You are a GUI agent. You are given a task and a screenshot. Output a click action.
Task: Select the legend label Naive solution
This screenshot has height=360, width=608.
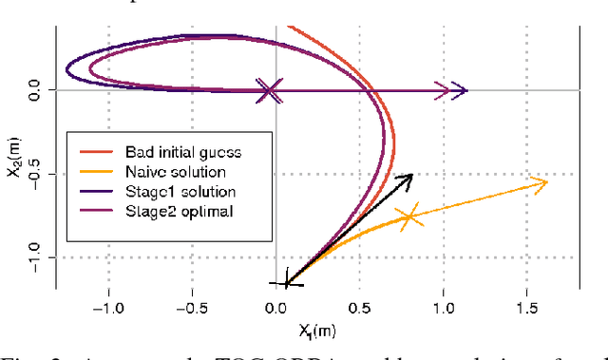click(x=175, y=172)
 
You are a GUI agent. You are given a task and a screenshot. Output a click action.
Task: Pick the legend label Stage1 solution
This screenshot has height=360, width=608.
click(x=180, y=191)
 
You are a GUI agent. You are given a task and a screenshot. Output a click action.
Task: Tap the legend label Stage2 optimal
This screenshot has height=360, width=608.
click(x=178, y=210)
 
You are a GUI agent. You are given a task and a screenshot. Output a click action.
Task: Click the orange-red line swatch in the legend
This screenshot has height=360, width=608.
click(x=95, y=152)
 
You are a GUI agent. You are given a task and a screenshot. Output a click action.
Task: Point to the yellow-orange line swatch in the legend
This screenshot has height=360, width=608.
click(x=95, y=172)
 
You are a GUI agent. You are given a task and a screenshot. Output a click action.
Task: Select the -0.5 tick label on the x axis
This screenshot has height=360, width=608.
click(x=192, y=308)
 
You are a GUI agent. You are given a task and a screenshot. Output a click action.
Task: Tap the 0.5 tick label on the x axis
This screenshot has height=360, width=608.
click(x=360, y=308)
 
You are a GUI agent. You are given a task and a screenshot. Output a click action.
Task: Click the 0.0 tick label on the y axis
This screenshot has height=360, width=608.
click(x=35, y=91)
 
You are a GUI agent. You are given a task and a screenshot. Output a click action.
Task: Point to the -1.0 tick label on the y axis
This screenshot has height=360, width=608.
click(x=35, y=257)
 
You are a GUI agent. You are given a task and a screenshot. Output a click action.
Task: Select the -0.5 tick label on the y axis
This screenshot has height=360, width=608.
click(x=35, y=175)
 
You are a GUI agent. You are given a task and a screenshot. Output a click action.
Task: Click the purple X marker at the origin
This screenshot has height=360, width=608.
click(x=271, y=91)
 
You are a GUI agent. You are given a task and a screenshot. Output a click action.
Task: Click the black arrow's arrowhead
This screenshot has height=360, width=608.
click(x=409, y=177)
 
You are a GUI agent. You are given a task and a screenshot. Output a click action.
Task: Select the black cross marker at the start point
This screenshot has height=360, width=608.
click(x=287, y=282)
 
